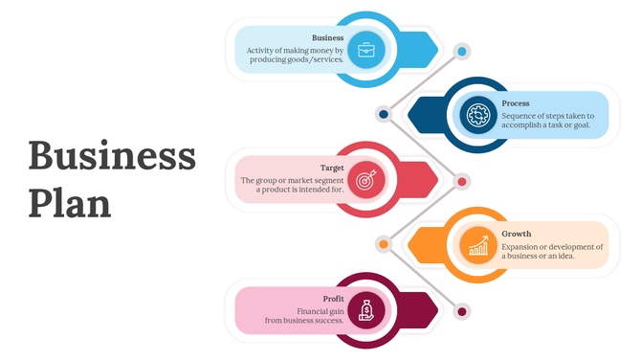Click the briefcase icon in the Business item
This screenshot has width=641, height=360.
click(366, 49)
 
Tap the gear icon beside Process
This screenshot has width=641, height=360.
click(477, 115)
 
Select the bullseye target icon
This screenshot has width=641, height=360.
click(366, 179)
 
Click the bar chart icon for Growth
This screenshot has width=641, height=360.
click(477, 245)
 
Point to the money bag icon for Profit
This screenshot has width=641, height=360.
click(366, 310)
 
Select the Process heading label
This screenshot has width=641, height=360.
click(516, 103)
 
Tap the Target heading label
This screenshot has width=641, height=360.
click(332, 168)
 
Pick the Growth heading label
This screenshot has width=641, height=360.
click(517, 234)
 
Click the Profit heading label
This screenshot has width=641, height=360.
click(333, 299)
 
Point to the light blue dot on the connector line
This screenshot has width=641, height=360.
click(462, 51)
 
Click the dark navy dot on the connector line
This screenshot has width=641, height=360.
click(384, 115)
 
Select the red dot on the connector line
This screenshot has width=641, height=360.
click(462, 181)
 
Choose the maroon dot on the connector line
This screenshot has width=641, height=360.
click(462, 311)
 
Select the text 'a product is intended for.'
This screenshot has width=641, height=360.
click(299, 190)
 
